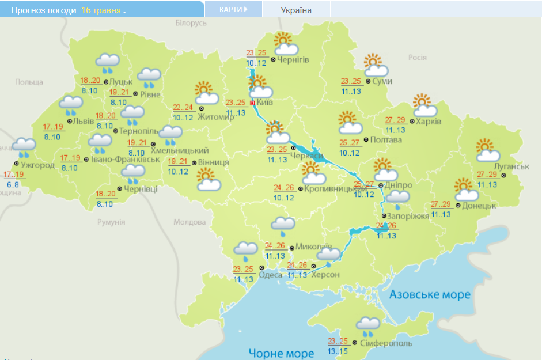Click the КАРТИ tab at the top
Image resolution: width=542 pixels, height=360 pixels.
(233, 10)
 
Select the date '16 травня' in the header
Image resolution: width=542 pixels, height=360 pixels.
(104, 11)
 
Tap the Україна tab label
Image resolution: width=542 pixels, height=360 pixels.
(296, 10)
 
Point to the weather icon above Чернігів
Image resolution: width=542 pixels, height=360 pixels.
(285, 44)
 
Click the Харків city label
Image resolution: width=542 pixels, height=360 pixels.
(429, 122)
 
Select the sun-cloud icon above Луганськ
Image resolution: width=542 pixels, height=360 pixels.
(487, 150)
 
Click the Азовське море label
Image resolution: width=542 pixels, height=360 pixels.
(430, 295)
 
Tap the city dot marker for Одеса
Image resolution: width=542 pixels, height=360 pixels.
(261, 267)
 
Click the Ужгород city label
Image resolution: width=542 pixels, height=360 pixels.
(37, 165)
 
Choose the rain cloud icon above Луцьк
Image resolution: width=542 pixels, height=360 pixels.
(108, 63)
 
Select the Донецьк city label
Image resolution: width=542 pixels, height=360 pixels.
(479, 205)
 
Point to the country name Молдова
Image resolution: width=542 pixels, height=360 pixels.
(189, 222)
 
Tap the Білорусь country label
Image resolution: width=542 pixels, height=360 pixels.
(191, 23)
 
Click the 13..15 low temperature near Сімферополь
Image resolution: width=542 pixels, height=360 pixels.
(338, 351)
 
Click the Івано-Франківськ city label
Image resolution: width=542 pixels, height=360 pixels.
(125, 158)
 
